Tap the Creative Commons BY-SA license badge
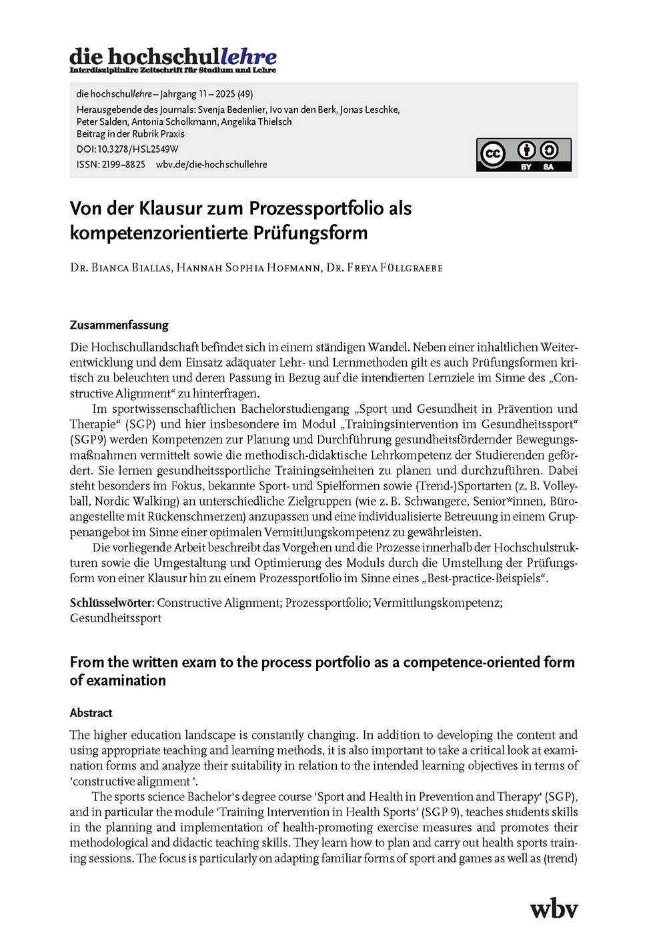coord(524,155)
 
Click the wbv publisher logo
coord(554,908)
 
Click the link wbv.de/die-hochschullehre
coord(211,164)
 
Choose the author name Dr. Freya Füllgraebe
coord(384,268)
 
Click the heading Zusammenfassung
coord(119,325)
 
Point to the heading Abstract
coord(91,712)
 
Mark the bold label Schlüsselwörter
coord(111,603)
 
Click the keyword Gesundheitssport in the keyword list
coord(115,618)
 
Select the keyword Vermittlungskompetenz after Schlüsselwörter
coord(436,603)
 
